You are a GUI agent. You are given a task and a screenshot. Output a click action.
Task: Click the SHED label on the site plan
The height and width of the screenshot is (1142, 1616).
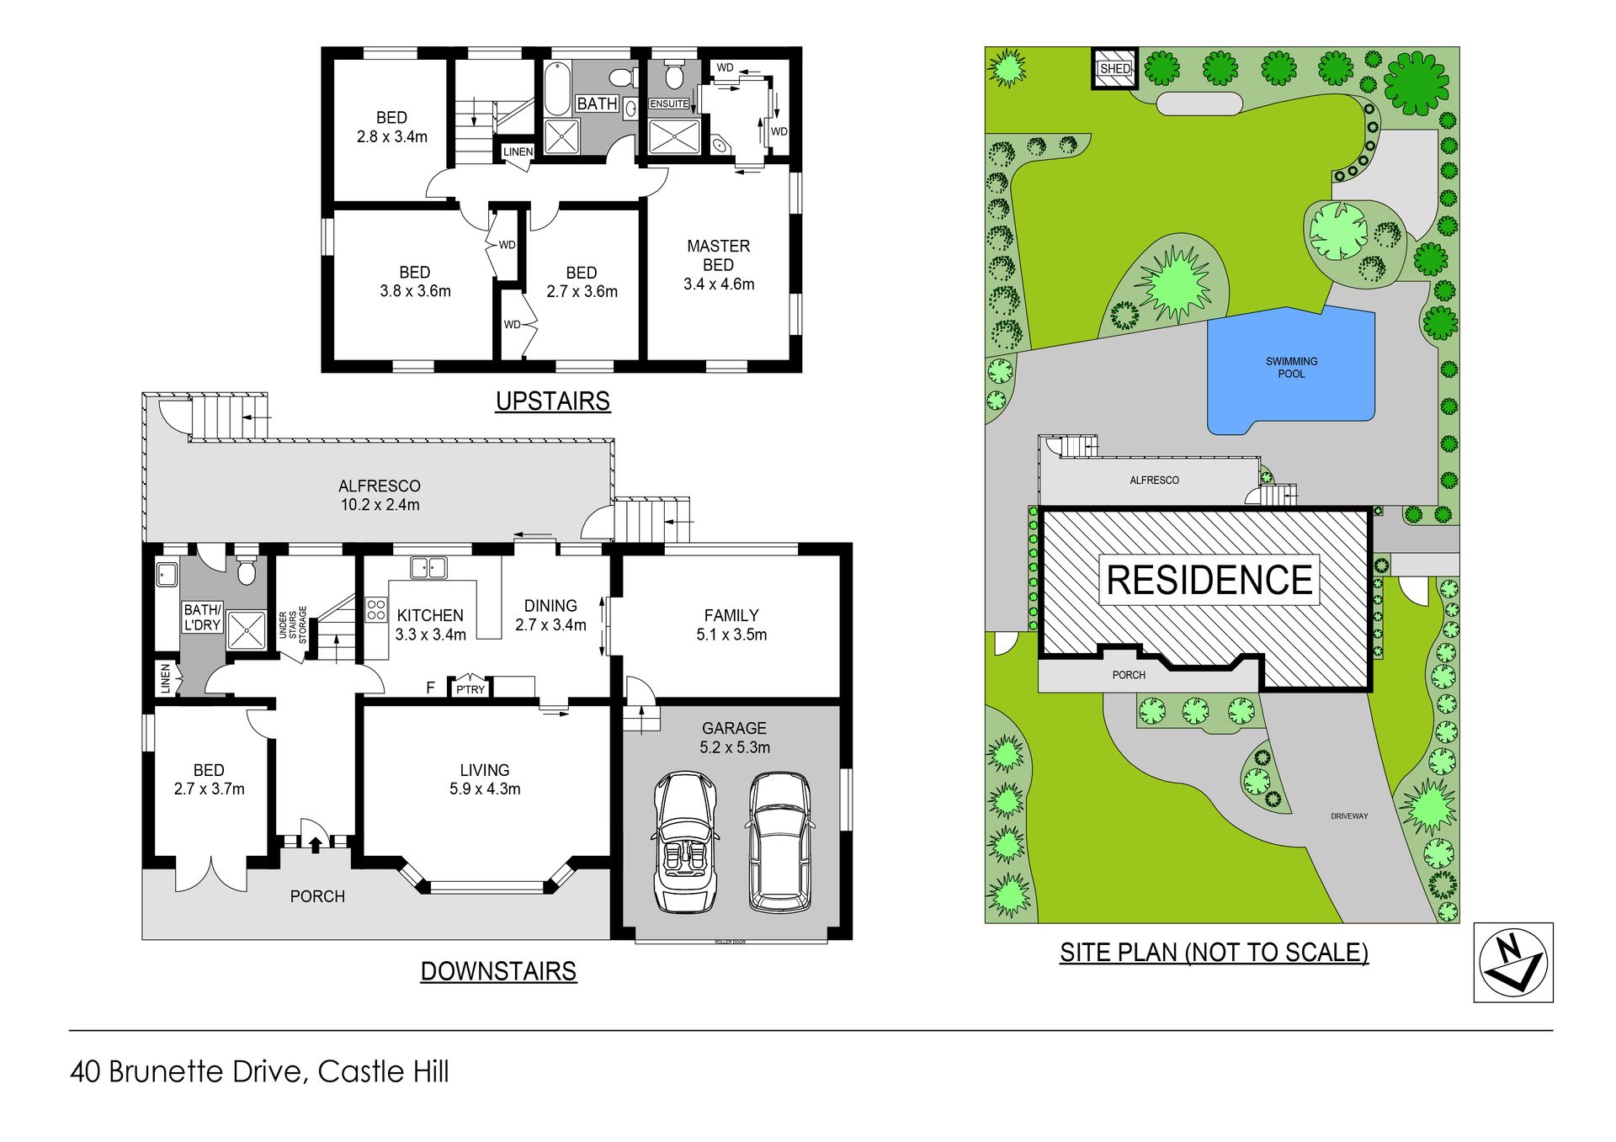[1115, 68]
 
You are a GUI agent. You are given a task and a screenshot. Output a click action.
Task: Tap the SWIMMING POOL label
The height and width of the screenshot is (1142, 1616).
[1292, 368]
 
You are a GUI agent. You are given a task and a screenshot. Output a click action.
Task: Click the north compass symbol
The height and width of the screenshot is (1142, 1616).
[1513, 963]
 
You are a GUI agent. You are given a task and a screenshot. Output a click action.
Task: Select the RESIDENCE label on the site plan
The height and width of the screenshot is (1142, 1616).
[1209, 580]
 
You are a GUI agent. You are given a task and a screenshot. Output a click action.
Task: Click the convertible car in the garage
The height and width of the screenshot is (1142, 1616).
[686, 842]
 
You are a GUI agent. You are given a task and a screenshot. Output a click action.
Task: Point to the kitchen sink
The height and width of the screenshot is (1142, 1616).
[428, 568]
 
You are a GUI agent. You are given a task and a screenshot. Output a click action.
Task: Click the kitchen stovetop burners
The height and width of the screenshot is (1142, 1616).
[376, 609]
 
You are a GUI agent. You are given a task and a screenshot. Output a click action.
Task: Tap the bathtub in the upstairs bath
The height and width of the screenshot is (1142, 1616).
[557, 88]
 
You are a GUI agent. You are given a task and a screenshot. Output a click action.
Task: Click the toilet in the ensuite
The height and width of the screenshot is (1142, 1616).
[673, 76]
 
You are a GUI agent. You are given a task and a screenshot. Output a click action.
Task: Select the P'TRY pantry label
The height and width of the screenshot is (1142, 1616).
[470, 689]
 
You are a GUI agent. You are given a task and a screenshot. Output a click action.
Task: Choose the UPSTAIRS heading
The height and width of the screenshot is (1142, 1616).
[553, 401]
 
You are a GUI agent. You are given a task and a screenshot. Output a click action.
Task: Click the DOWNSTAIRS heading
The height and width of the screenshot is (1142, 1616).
[498, 971]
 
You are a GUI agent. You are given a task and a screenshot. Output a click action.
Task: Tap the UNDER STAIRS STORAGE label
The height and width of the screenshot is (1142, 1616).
[293, 625]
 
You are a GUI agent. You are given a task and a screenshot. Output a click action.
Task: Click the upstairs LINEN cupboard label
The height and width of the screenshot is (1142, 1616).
[518, 151]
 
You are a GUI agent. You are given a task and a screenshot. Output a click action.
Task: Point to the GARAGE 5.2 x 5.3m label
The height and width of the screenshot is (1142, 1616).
[735, 737]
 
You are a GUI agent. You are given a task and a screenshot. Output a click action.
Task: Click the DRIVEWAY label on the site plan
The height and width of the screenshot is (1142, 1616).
[1349, 816]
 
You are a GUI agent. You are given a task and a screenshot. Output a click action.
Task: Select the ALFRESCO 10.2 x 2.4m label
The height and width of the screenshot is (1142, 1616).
[380, 495]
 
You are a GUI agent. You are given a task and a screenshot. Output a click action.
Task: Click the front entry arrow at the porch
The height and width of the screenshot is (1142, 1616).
[316, 844]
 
